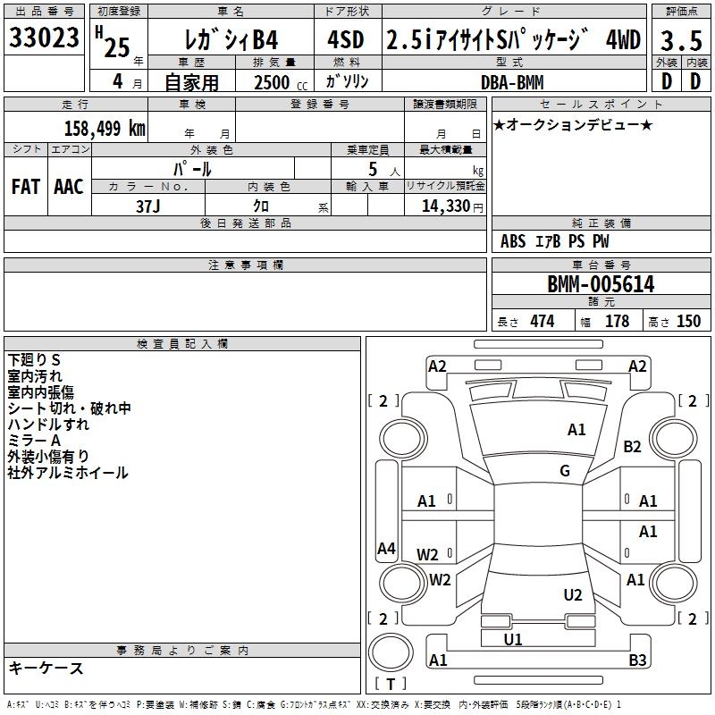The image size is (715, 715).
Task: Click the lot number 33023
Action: [x=44, y=38]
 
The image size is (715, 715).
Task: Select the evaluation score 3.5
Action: [x=681, y=40]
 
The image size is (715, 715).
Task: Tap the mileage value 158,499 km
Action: [x=105, y=129]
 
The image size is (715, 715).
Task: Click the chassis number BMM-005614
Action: [x=601, y=284]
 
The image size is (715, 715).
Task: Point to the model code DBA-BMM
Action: [x=512, y=82]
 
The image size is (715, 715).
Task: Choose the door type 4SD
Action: [x=346, y=39]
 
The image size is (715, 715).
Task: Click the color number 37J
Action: [x=148, y=206]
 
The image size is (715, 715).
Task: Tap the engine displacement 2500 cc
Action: [x=281, y=82]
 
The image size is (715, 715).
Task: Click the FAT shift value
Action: [x=26, y=187]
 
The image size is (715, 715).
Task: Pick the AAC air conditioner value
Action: [x=69, y=187]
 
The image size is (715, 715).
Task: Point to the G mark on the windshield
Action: [x=565, y=471]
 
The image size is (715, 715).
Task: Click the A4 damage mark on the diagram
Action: [x=386, y=548]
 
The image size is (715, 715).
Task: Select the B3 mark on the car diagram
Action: [x=637, y=660]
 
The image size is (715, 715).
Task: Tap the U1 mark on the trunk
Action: [x=513, y=639]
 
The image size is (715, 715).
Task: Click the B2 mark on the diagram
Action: [x=633, y=446]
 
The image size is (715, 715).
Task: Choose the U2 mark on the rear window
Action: [x=573, y=594]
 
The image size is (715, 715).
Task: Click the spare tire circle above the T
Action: [x=391, y=652]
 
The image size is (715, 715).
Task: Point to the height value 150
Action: [x=688, y=321]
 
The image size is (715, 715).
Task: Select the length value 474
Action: [x=543, y=321]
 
